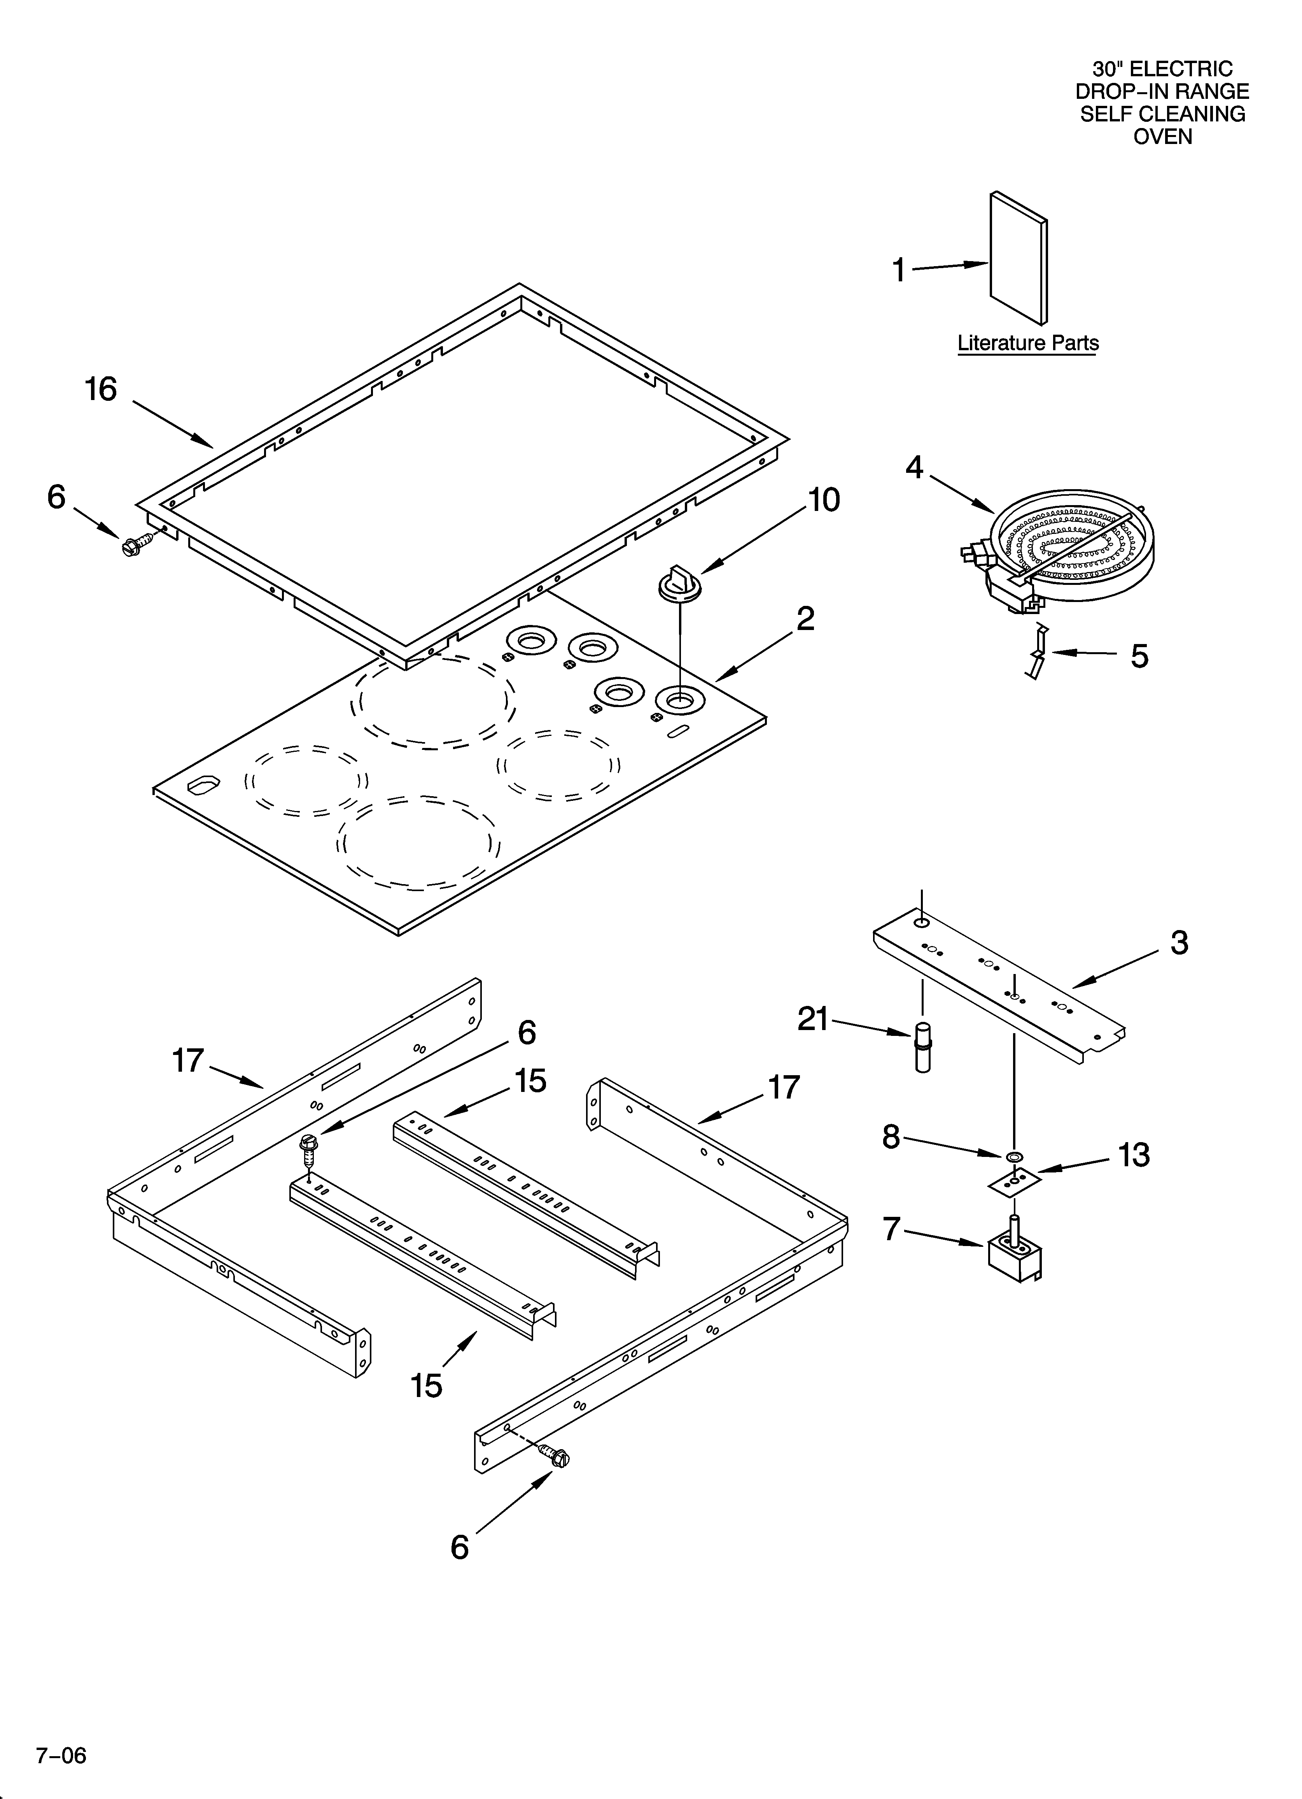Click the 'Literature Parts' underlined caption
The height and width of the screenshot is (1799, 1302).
coord(1028,344)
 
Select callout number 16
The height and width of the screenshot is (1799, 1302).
coord(101,390)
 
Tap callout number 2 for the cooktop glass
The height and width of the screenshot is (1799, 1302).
coord(805,619)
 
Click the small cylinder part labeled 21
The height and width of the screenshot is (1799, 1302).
coord(922,1049)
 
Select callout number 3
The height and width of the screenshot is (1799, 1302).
coord(1179,943)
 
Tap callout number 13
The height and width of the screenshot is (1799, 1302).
coord(1134,1156)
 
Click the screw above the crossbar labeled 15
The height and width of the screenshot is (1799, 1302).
coord(308,1146)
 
